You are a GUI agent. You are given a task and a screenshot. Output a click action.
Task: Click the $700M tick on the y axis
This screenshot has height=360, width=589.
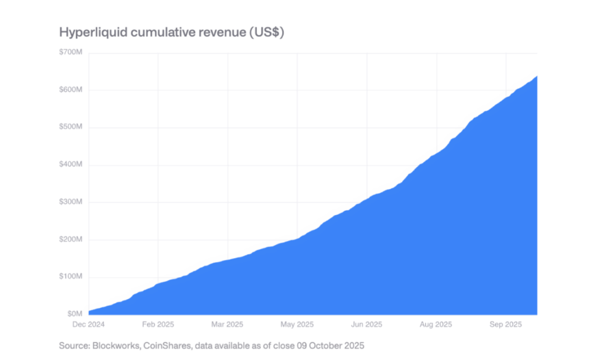(x=72, y=53)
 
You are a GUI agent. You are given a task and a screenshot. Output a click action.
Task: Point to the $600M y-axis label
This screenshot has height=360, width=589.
(x=72, y=90)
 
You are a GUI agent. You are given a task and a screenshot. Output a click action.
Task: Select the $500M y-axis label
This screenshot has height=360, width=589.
(x=72, y=127)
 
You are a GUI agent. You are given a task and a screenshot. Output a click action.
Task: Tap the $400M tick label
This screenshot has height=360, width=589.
(x=72, y=165)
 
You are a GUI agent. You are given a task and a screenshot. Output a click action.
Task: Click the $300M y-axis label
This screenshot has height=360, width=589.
(x=72, y=203)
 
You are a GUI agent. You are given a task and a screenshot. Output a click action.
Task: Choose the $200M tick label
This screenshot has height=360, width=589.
(x=72, y=240)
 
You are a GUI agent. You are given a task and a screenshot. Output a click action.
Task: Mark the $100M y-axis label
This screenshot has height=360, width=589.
(x=72, y=277)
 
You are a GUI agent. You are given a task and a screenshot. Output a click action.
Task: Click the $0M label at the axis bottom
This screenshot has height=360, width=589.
(x=75, y=313)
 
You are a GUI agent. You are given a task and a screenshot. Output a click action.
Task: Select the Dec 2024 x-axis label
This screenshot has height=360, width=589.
(x=88, y=324)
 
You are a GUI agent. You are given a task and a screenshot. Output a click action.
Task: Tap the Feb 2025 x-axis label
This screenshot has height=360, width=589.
(x=158, y=324)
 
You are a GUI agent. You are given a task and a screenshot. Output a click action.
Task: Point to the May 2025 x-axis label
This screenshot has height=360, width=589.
(x=297, y=324)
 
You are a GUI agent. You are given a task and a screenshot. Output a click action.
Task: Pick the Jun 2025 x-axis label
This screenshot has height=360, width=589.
(x=366, y=324)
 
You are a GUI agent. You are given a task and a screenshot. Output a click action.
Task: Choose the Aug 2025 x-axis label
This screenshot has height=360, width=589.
(x=436, y=324)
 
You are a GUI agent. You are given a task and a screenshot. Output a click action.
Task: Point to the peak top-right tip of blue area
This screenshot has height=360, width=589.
(x=536, y=76)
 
